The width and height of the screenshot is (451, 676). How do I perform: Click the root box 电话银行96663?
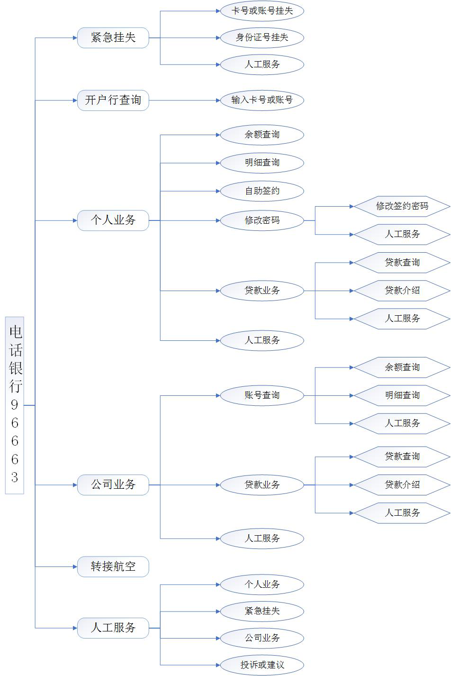click(15, 405)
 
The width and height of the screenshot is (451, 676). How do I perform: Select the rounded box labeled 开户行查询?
click(113, 100)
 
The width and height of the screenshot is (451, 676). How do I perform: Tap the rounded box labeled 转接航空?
click(113, 566)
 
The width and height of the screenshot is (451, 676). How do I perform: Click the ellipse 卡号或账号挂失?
click(262, 11)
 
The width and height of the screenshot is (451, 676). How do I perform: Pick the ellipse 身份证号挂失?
click(262, 37)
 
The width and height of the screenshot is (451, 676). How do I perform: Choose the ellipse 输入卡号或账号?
click(262, 100)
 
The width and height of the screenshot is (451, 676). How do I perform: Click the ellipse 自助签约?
click(262, 191)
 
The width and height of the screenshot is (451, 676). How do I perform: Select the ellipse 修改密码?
click(262, 220)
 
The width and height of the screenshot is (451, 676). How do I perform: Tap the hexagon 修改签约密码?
click(402, 206)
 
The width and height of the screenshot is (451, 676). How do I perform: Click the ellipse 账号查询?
click(262, 395)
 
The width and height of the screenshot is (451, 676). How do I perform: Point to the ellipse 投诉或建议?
click(262, 665)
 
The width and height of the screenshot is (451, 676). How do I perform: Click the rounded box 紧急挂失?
click(113, 38)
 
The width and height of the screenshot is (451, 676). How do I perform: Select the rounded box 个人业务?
click(113, 220)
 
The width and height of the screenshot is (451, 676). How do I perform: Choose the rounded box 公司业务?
click(113, 485)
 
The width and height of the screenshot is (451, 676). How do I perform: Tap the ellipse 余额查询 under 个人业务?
click(262, 135)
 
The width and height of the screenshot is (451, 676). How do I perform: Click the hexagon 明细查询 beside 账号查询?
click(402, 395)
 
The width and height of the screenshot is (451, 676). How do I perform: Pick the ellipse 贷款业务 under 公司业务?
click(262, 485)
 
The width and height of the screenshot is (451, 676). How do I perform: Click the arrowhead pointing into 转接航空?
click(74, 566)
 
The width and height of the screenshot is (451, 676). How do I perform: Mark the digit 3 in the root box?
click(15, 477)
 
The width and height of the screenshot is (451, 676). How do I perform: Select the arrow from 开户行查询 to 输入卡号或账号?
click(185, 100)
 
